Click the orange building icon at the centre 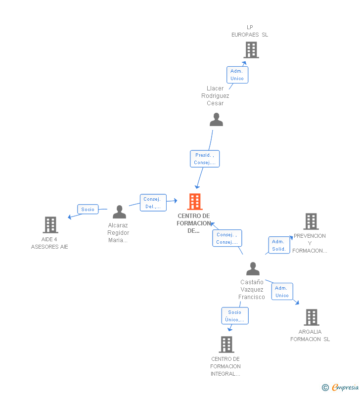[x=195, y=202]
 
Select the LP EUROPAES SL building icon [x=251, y=50]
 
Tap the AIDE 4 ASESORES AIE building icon [x=50, y=225]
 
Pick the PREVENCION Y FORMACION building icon [x=311, y=221]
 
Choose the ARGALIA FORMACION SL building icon [x=311, y=317]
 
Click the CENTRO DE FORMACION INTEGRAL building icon [x=226, y=345]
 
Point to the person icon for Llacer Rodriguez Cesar [x=216, y=120]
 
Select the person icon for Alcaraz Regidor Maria [x=119, y=212]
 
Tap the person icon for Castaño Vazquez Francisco [x=253, y=269]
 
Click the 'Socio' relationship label [x=88, y=209]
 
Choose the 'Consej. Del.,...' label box [x=153, y=203]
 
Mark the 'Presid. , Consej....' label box [x=205, y=159]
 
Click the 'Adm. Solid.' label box [x=279, y=245]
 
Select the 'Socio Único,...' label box [x=235, y=316]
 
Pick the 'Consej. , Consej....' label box [x=227, y=238]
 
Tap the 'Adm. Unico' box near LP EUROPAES [x=237, y=75]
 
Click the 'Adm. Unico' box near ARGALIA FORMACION [x=282, y=292]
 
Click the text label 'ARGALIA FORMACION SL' [x=310, y=335]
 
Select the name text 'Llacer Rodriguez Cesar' [x=215, y=96]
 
